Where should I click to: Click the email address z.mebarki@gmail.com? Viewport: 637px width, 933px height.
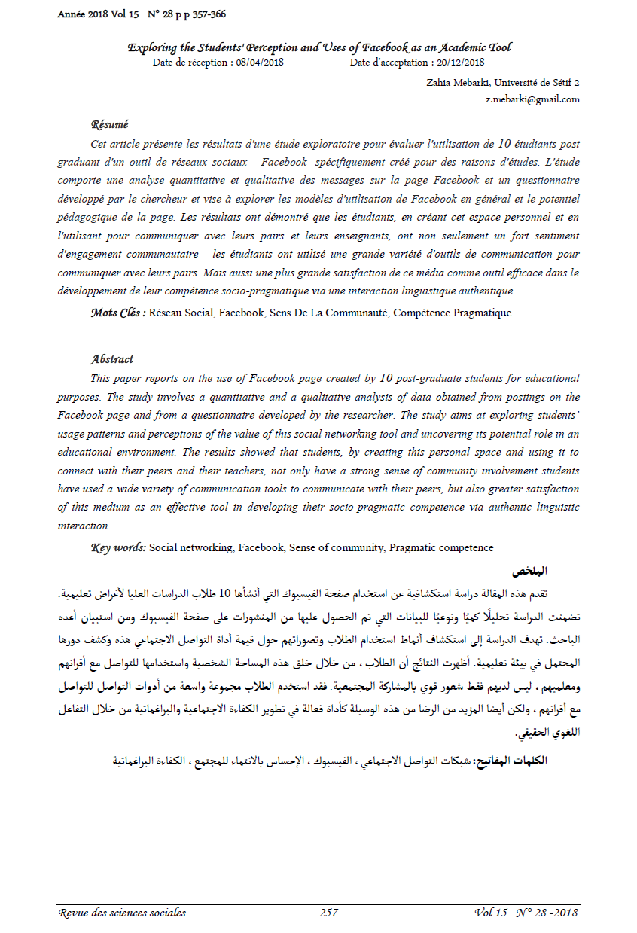pyautogui.click(x=533, y=99)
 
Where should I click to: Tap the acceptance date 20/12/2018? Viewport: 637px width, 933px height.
pyautogui.click(x=458, y=63)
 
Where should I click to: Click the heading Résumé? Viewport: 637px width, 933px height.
pyautogui.click(x=109, y=124)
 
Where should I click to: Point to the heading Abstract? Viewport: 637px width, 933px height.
pyautogui.click(x=111, y=359)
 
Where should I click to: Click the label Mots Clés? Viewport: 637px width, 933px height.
pyautogui.click(x=117, y=313)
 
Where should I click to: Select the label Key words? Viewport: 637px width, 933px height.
pyautogui.click(x=118, y=547)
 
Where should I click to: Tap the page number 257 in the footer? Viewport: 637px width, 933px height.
pyautogui.click(x=328, y=913)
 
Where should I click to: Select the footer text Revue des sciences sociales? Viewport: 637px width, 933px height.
pyautogui.click(x=122, y=913)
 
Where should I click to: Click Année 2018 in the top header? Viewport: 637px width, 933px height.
pyautogui.click(x=82, y=14)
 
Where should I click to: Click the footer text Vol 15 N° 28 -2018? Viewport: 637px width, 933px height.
pyautogui.click(x=526, y=913)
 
